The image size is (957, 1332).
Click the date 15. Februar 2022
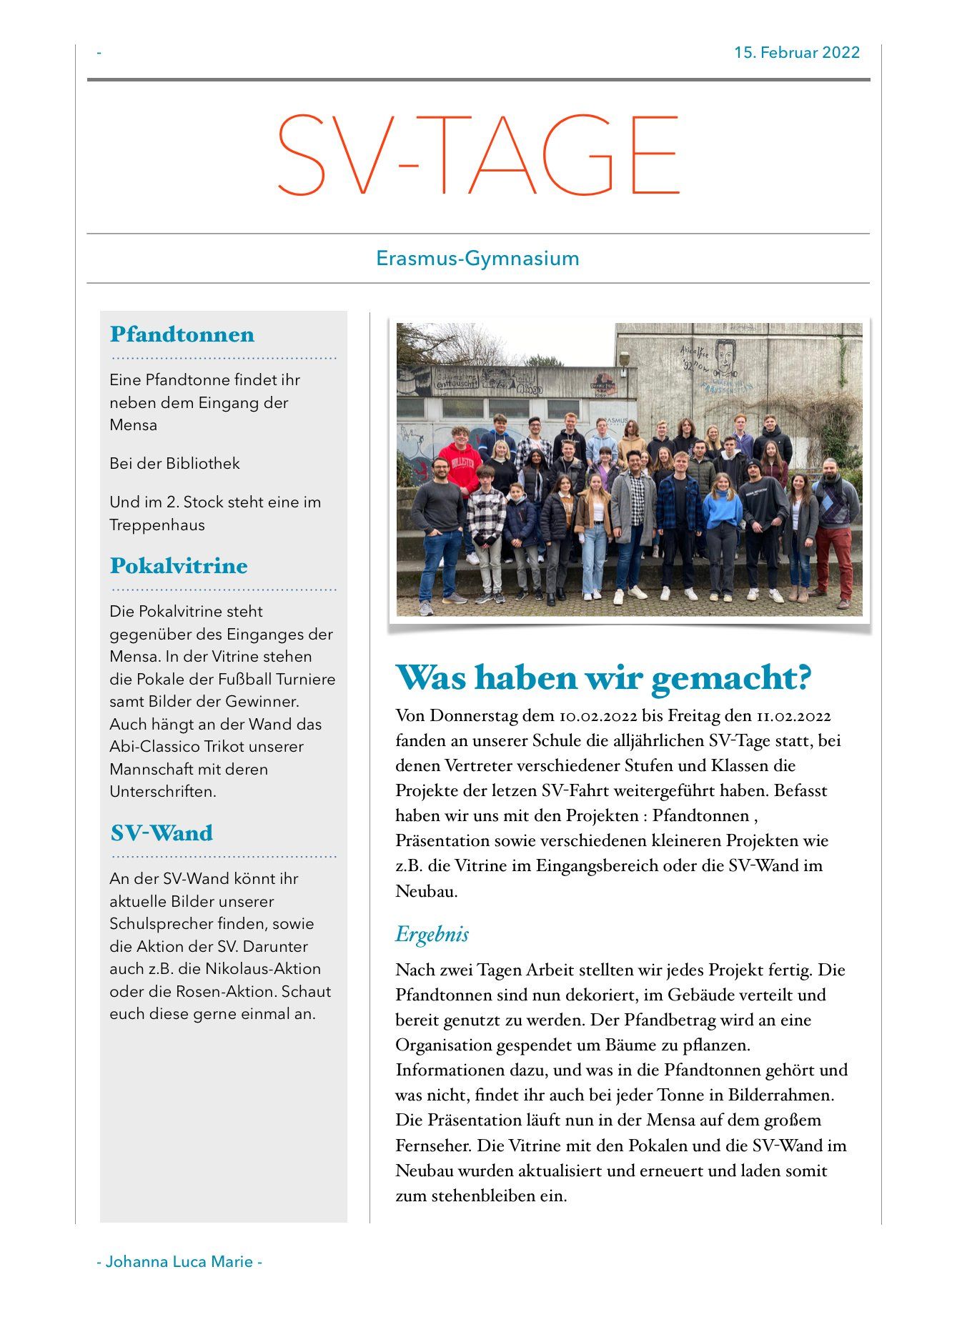click(796, 53)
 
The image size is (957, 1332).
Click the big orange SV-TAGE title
click(477, 155)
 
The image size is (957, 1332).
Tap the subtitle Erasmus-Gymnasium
click(477, 258)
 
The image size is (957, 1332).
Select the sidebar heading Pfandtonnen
click(182, 334)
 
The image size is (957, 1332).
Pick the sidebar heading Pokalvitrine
click(179, 566)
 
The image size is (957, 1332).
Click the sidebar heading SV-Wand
click(162, 833)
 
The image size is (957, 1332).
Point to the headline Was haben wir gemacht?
click(603, 677)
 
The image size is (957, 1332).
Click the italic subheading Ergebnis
click(432, 934)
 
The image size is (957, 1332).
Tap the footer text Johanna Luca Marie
click(179, 1262)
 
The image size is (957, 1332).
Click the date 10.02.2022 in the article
click(597, 716)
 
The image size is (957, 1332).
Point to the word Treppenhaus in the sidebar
click(157, 525)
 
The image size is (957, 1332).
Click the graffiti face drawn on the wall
click(726, 357)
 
